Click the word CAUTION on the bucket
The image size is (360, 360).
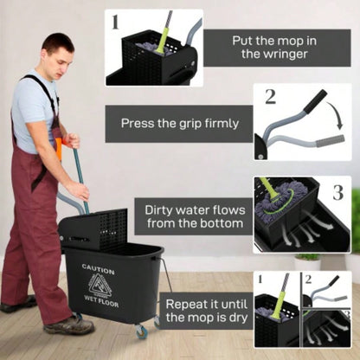(98, 269)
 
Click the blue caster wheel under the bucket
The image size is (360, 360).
(140, 331)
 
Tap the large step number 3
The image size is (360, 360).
(337, 191)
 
